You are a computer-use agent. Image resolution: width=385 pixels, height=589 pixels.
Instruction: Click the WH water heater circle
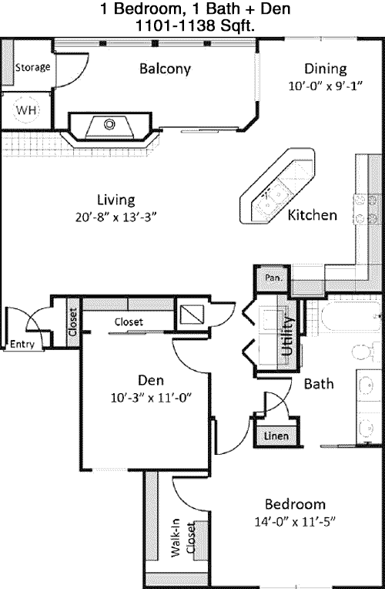click(x=27, y=109)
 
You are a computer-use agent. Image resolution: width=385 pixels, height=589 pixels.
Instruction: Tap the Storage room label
click(x=32, y=67)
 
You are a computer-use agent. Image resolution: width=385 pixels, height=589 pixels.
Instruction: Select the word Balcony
click(x=165, y=69)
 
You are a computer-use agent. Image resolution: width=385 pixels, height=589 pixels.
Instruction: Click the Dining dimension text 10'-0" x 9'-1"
click(x=325, y=86)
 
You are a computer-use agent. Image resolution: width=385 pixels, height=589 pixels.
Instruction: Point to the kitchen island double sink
click(x=272, y=198)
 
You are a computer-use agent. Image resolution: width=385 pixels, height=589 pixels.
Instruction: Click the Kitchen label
click(x=312, y=215)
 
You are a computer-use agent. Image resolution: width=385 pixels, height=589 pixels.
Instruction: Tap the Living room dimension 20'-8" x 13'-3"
click(x=115, y=217)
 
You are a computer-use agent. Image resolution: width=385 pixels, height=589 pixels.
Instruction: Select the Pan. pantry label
click(x=273, y=278)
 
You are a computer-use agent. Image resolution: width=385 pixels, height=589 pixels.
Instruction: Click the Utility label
click(x=288, y=335)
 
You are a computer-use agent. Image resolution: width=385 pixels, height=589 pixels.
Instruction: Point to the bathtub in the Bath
click(x=350, y=316)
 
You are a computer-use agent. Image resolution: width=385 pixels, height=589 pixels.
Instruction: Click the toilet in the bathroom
click(x=366, y=352)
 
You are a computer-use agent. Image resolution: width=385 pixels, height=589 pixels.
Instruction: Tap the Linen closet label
click(x=276, y=436)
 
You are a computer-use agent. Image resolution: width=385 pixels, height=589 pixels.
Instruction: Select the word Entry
click(x=22, y=344)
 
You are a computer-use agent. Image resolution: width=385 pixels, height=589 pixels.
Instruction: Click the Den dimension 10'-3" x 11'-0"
click(x=151, y=398)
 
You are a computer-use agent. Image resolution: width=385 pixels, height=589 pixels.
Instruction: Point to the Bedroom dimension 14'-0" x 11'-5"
click(x=295, y=522)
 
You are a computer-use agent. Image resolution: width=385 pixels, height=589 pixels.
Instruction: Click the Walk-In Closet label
click(x=183, y=537)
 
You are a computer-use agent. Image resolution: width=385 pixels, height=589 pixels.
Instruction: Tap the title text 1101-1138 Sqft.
click(x=195, y=26)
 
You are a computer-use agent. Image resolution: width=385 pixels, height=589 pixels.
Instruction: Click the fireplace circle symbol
click(x=109, y=123)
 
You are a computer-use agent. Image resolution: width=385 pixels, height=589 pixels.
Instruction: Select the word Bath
click(x=319, y=384)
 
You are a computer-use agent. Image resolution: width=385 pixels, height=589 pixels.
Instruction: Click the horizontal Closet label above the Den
click(x=129, y=322)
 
